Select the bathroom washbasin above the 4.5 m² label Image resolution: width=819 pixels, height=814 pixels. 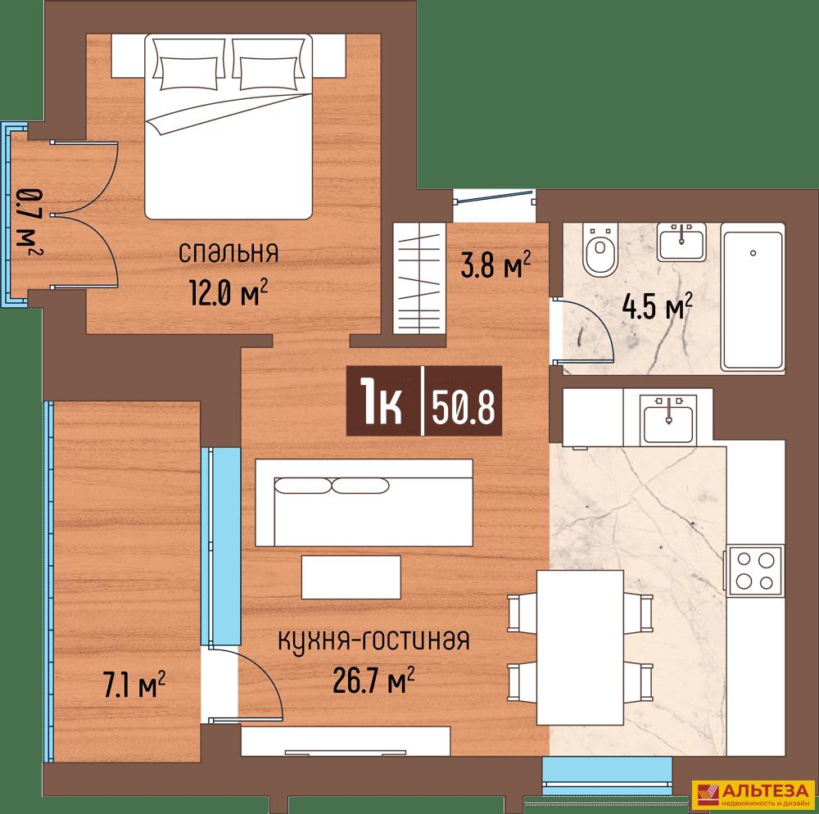point(681,242)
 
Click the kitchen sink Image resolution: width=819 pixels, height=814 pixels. point(668,417)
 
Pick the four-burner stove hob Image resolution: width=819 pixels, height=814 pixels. point(754,570)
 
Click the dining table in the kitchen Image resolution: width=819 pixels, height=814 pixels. point(580,648)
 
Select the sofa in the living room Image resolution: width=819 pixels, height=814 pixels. point(364,502)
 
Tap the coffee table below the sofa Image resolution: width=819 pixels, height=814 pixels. point(351,577)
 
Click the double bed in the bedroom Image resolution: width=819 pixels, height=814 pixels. point(229,126)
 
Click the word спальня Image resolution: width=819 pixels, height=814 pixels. point(229,254)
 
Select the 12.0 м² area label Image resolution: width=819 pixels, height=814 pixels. point(229,293)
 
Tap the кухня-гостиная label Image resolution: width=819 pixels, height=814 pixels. point(374,640)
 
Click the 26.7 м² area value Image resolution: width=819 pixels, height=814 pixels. point(374,679)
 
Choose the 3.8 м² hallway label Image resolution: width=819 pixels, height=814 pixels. point(495,265)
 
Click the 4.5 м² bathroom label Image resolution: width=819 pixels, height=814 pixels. point(658,306)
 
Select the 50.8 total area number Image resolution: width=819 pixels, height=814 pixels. point(463,406)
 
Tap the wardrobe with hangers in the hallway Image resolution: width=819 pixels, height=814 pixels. point(419,278)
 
